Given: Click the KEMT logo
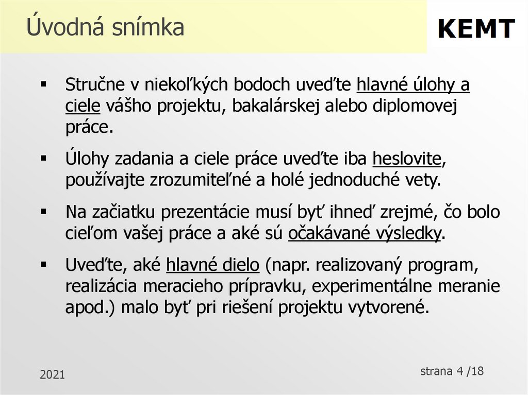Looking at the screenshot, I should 476,28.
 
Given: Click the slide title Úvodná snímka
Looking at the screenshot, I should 105,27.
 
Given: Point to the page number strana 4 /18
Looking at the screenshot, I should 452,371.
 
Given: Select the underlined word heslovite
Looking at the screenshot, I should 407,159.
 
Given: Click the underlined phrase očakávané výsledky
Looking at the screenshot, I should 365,233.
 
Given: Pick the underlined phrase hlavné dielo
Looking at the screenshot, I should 213,266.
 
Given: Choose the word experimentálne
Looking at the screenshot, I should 383,286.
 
